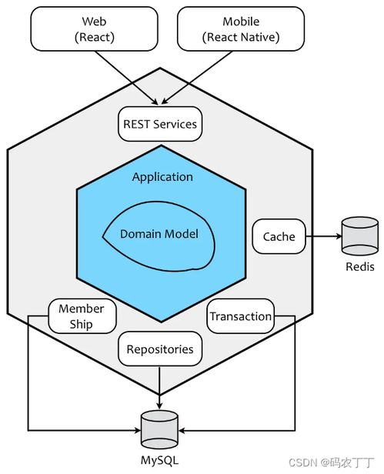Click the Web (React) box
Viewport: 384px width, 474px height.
point(94,29)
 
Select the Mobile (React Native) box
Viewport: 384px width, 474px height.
point(241,29)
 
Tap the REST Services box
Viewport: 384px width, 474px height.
point(160,124)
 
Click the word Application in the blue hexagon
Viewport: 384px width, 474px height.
point(162,177)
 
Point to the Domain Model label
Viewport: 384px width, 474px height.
point(159,234)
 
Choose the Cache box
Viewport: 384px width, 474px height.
point(279,236)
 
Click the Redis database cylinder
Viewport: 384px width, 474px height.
point(360,236)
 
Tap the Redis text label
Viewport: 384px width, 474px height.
point(360,266)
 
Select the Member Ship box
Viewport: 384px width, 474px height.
point(82,316)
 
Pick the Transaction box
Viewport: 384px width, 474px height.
point(241,316)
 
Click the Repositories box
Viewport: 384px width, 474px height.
point(160,349)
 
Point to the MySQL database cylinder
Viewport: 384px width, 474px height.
point(159,429)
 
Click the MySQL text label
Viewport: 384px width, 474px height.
point(159,461)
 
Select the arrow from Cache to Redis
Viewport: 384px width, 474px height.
point(323,236)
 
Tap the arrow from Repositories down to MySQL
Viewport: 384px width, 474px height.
point(159,388)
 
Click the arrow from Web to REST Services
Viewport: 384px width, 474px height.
point(126,78)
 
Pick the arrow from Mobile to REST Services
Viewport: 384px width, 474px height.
point(197,78)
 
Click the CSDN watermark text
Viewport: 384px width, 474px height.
point(332,462)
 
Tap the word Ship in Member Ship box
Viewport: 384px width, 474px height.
point(81,325)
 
